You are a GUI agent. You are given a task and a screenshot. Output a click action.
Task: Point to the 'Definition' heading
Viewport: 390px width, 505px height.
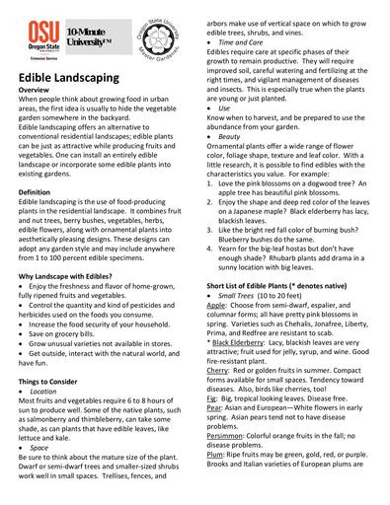(36, 191)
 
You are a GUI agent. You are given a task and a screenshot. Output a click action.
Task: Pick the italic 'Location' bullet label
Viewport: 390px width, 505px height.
(50, 391)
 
